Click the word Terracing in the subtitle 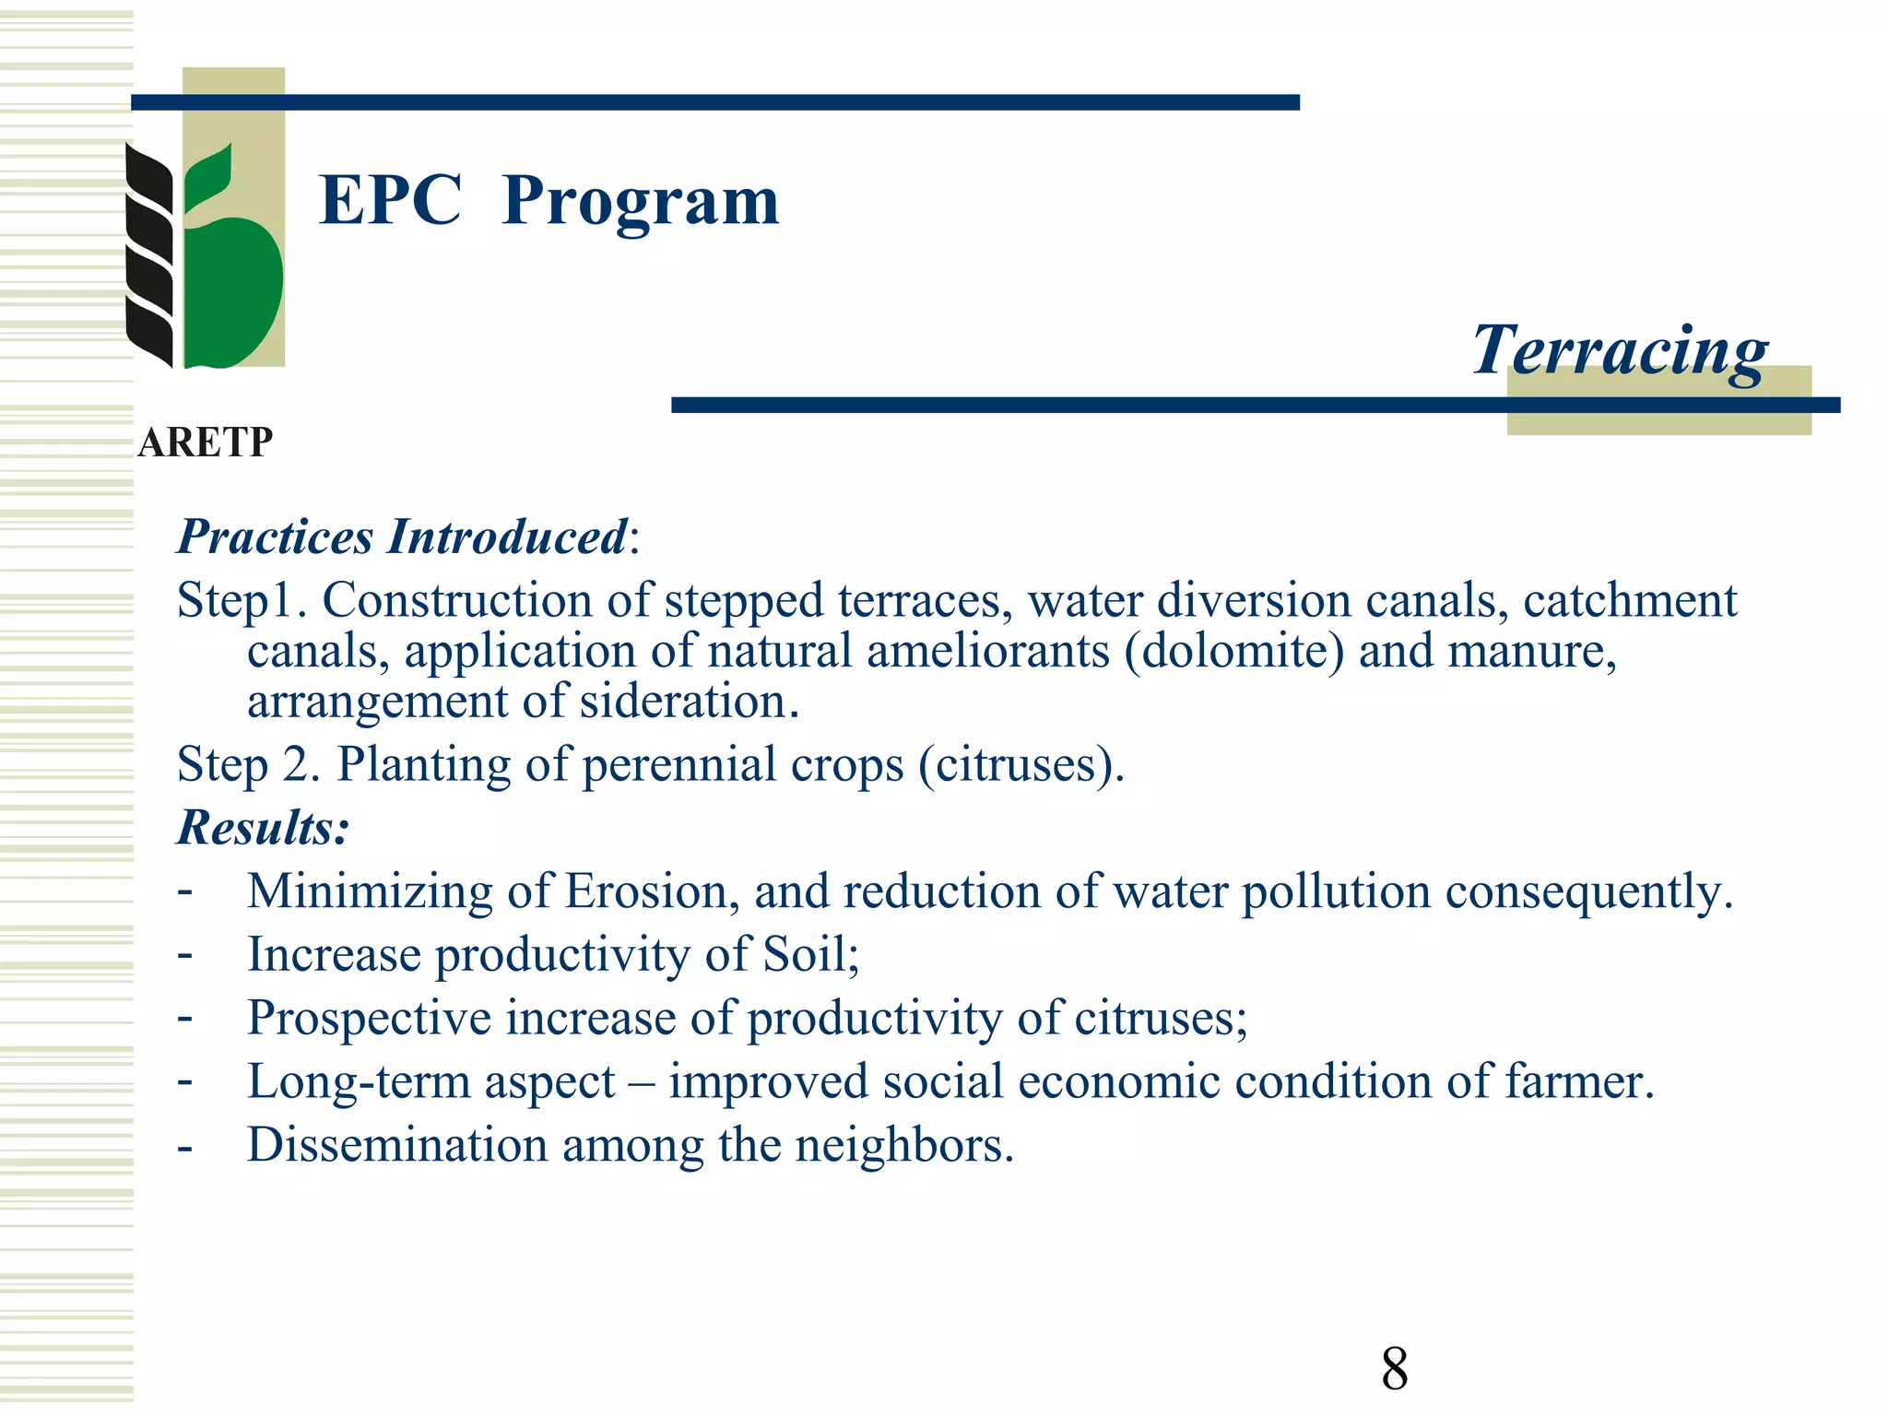click(1620, 350)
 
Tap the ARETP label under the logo click(205, 442)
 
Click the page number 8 click(1394, 1369)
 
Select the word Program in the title click(641, 201)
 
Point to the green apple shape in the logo click(232, 286)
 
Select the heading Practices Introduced click(402, 537)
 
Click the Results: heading click(264, 827)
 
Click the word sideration click(689, 702)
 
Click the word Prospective click(369, 1018)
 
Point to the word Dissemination click(397, 1145)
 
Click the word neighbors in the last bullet click(903, 1145)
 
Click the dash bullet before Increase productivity click(185, 954)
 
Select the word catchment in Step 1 click(1630, 601)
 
